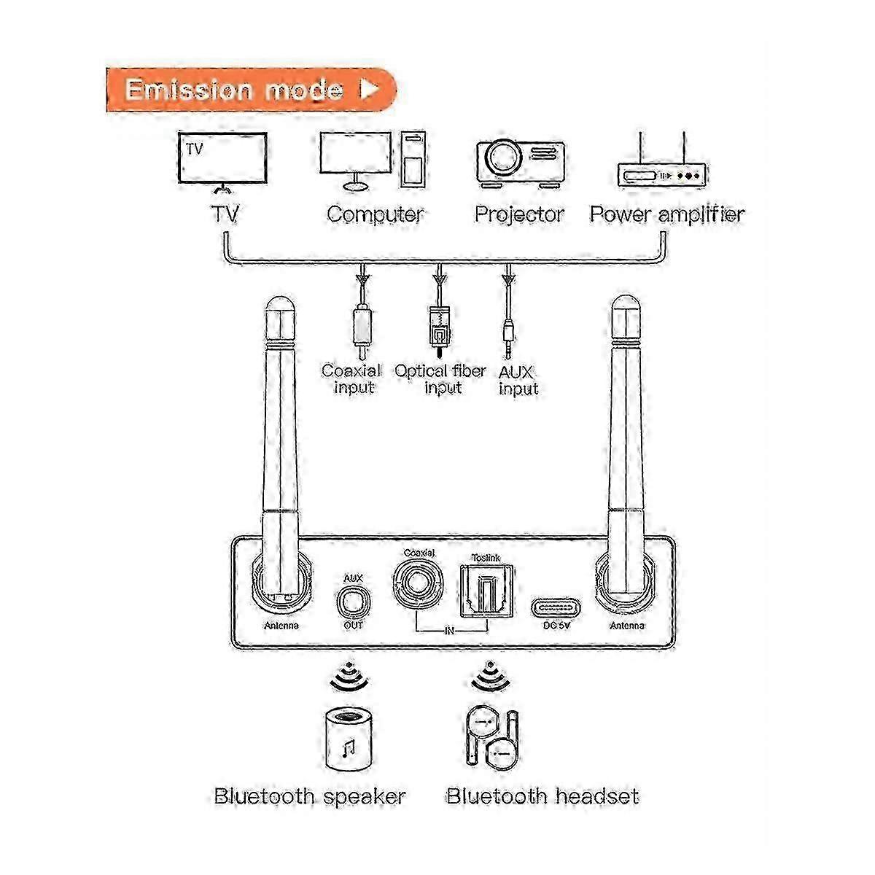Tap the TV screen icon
[222, 159]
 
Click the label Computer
[375, 214]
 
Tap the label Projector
[519, 214]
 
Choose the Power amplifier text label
[666, 214]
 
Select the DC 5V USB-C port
[556, 607]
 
